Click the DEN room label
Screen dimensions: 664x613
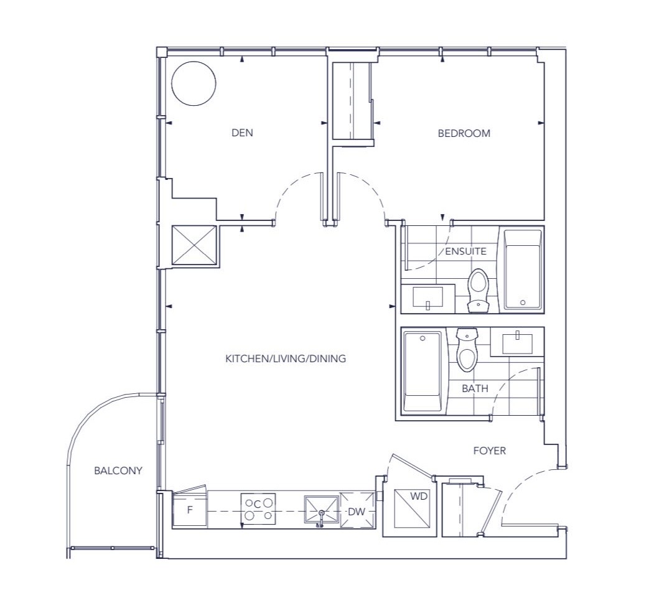[x=242, y=133]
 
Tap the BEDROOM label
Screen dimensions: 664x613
[x=464, y=133]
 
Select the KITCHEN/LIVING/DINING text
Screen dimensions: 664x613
[x=286, y=359]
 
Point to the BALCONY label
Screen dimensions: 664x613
[x=118, y=470]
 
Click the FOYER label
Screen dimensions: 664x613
[x=490, y=451]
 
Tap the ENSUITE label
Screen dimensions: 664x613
[x=465, y=251]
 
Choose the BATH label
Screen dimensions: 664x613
[x=475, y=388]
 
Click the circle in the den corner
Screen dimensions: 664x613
[x=194, y=83]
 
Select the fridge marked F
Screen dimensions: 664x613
[x=190, y=510]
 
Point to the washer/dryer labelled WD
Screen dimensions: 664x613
[x=411, y=508]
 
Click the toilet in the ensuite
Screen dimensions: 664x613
[x=479, y=290]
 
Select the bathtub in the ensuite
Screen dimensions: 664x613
[x=523, y=269]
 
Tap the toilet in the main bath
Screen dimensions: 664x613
[x=467, y=350]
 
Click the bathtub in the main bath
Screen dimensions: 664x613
[x=423, y=372]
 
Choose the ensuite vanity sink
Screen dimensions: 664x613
[x=428, y=297]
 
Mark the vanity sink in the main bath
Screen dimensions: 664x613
[x=518, y=344]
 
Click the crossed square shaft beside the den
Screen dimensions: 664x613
[x=194, y=245]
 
